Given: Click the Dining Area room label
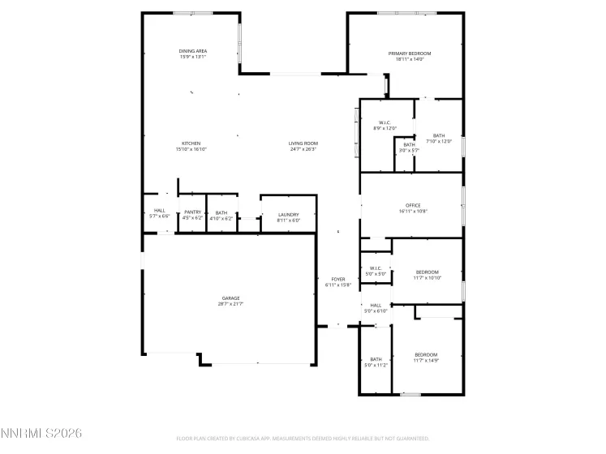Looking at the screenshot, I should [193, 51].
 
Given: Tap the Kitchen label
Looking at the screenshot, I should [191, 143].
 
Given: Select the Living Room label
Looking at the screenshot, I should [303, 143].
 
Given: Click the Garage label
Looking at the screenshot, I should [230, 298].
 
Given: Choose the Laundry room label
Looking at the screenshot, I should [289, 215].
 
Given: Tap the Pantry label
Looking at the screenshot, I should [192, 212].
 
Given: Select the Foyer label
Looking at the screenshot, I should [337, 279].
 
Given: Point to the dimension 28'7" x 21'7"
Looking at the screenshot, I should [230, 304].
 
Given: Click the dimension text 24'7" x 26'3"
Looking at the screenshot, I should [303, 149].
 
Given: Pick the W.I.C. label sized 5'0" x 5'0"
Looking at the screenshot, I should [376, 268].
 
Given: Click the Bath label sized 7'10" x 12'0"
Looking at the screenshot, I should [439, 136].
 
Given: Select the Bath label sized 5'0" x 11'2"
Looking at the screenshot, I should [376, 359].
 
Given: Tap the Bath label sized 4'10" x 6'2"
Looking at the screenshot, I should [221, 212].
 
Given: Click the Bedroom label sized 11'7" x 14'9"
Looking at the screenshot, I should [427, 354].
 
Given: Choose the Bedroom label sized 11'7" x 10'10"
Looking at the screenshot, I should [427, 272].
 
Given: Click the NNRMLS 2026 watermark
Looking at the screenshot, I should [41, 434].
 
